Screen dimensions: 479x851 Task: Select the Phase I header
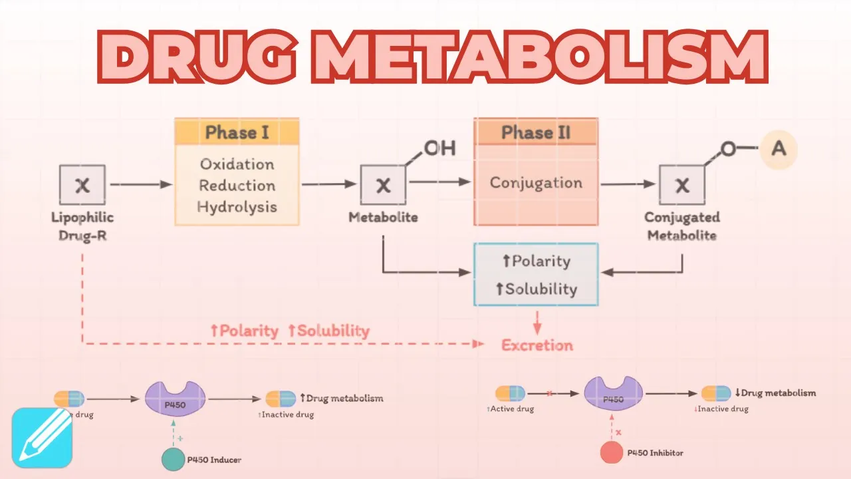coord(237,132)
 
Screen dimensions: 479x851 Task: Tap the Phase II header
coord(536,132)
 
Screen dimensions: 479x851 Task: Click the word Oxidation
coord(237,164)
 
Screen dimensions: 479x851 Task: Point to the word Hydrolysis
coord(237,207)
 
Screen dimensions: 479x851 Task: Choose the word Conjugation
coord(536,183)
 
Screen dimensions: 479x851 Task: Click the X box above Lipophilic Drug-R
coord(82,185)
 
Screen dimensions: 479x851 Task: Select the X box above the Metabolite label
coord(383,186)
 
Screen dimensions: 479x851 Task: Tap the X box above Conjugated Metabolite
coord(682,186)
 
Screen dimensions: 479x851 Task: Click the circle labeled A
coord(778,148)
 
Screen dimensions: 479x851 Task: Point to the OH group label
coord(439,148)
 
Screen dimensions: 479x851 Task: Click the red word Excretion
coord(537,345)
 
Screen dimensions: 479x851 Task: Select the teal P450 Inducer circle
coord(174,459)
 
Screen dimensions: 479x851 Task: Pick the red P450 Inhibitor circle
coord(612,452)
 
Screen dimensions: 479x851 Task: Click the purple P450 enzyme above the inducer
coord(175,399)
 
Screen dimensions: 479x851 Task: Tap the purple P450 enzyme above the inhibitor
coord(612,394)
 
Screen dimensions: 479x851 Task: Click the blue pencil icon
coord(41,438)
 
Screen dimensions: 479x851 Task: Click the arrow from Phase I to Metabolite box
coord(329,185)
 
